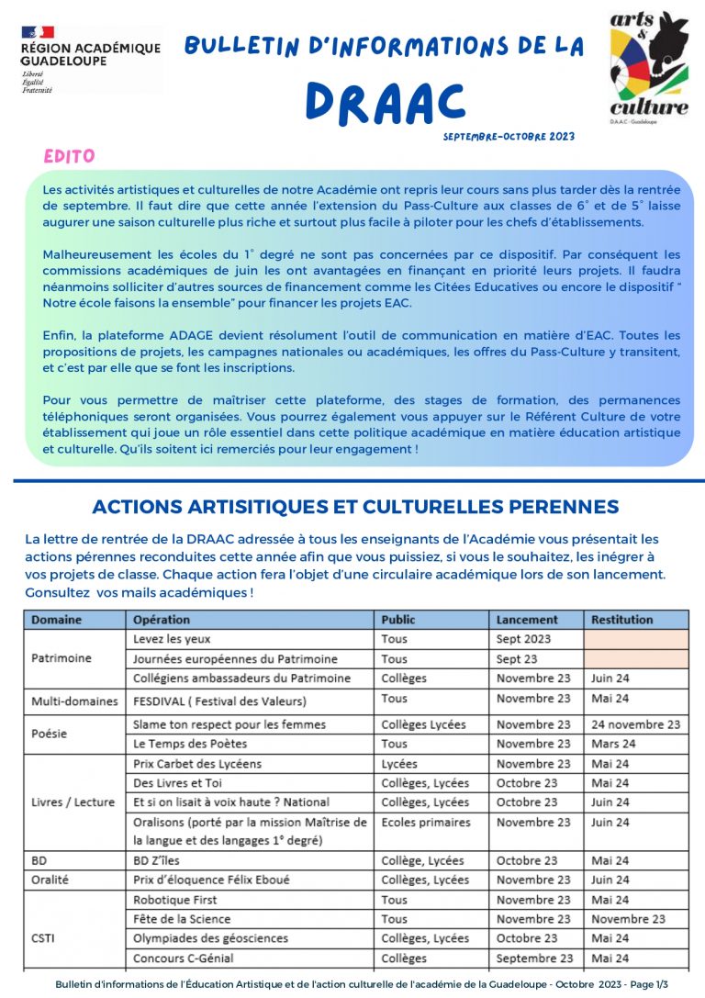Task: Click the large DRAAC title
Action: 385,101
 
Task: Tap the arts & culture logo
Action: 649,65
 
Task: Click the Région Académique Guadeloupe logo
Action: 89,59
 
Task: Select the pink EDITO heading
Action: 69,156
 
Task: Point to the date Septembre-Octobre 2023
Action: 508,137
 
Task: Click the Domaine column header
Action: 57,620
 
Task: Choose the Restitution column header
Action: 622,620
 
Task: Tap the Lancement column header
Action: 527,620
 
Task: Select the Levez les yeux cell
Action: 172,639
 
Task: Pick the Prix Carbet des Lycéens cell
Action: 197,764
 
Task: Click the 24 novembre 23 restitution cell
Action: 635,724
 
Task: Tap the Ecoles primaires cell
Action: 426,823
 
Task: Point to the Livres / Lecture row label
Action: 73,802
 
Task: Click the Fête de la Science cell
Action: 182,919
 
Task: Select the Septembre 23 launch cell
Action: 534,959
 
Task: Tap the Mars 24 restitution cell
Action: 613,744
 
